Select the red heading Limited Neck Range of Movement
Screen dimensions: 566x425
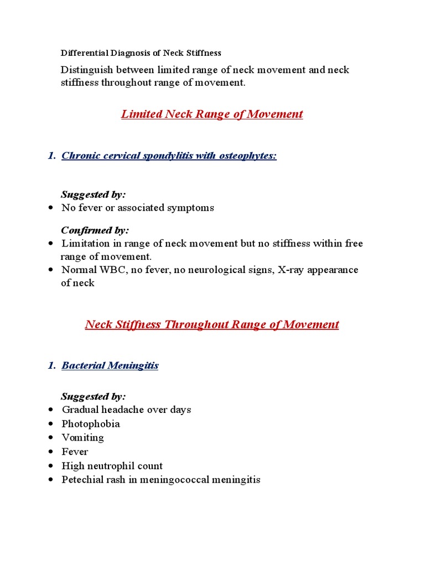tap(212, 114)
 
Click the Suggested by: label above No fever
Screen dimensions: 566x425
tap(93, 194)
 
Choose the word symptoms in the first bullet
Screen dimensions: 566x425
tap(193, 208)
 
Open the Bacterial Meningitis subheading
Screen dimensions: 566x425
tap(110, 365)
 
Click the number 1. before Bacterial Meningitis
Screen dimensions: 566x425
tap(51, 365)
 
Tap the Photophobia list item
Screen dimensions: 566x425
tap(91, 424)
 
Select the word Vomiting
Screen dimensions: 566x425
tap(83, 438)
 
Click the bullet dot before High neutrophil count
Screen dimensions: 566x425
tap(51, 466)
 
